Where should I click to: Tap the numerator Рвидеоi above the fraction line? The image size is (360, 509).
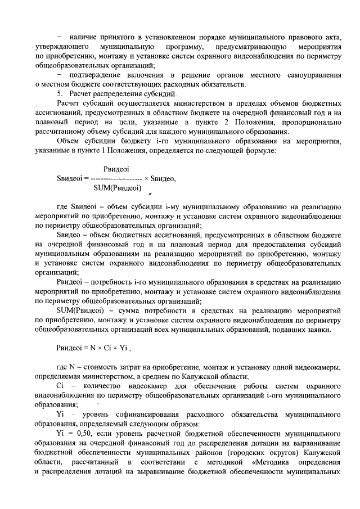pyautogui.click(x=117, y=169)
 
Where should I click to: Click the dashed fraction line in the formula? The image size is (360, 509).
pyautogui.click(x=116, y=178)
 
